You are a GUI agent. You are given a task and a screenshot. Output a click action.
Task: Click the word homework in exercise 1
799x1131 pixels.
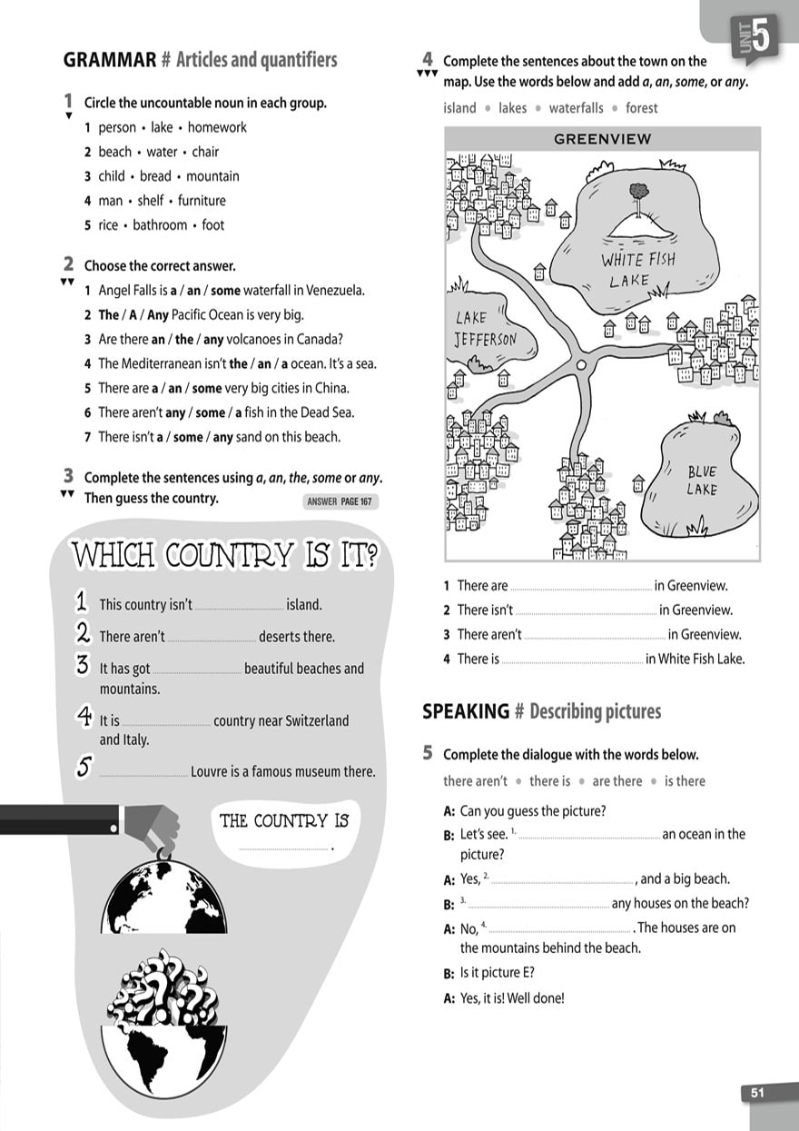coord(217,128)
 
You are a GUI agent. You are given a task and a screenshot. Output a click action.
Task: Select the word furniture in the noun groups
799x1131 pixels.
coord(202,201)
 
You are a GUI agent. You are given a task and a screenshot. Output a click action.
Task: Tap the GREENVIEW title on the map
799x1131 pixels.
coord(602,139)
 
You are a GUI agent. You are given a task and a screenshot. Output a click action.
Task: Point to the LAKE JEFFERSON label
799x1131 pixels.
coord(485,329)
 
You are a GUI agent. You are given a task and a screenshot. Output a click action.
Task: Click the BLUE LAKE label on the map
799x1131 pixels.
coord(702,481)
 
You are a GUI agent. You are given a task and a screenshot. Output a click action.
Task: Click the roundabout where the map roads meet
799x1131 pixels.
coord(583,364)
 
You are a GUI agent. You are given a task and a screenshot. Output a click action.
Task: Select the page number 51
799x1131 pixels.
coord(757,1094)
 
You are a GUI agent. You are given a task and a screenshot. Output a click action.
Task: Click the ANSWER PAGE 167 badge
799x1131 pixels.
coord(340,501)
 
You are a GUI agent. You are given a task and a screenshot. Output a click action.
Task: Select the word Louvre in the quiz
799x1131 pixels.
coord(212,772)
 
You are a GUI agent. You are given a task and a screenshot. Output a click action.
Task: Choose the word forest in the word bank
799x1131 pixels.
coord(641,108)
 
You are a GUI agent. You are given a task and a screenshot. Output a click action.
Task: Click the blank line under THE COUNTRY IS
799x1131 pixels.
coord(285,849)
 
